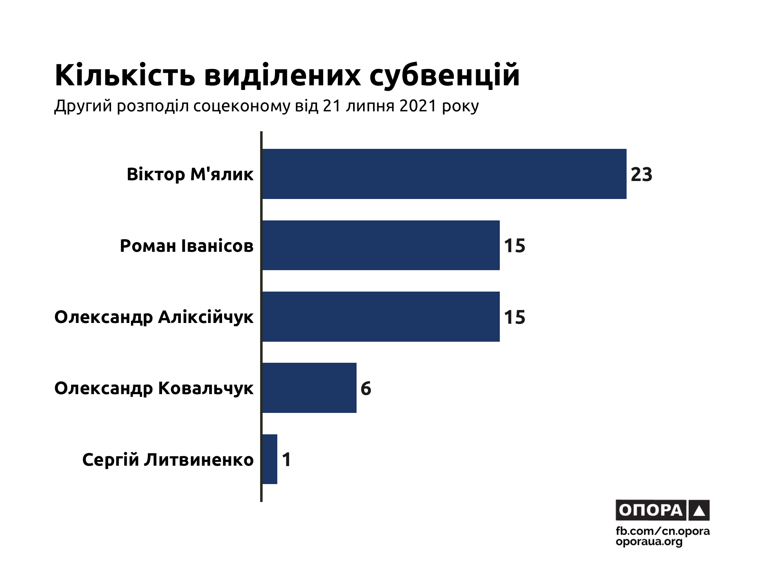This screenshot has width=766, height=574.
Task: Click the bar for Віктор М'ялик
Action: [444, 174]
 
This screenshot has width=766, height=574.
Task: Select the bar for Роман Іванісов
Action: [381, 245]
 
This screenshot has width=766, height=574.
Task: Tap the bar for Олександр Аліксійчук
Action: [381, 316]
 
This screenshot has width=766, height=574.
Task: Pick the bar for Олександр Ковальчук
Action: [309, 388]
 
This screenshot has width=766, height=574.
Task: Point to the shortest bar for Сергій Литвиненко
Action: [270, 459]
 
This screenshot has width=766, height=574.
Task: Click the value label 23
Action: [642, 174]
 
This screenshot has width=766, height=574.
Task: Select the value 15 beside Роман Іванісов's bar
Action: [514, 246]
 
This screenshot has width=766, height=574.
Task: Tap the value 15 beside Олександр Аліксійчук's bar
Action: [514, 317]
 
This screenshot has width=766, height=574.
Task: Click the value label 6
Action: [366, 388]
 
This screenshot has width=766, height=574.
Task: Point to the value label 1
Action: [286, 460]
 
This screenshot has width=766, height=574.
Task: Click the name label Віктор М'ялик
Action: [190, 174]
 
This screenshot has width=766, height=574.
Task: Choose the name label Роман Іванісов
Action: [187, 246]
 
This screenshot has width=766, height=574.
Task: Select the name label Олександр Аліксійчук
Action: [154, 317]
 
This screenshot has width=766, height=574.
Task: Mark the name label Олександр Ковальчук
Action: [154, 388]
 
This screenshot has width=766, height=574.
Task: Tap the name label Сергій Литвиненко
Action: [168, 460]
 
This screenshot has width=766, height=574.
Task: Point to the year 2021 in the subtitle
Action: [418, 106]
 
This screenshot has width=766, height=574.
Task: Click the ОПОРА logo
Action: [662, 510]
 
